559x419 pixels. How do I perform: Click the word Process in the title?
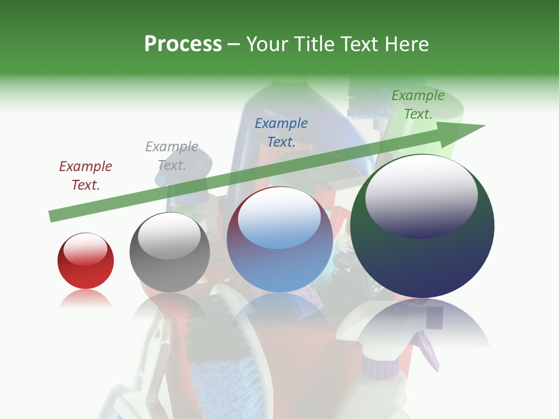click(183, 44)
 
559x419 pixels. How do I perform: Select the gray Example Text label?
click(172, 156)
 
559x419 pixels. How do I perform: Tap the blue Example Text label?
click(281, 132)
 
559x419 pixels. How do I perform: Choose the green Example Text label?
click(418, 105)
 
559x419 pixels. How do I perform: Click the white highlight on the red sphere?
click(86, 249)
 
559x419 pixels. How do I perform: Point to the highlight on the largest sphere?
click(421, 195)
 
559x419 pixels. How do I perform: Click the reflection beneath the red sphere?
click(86, 299)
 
